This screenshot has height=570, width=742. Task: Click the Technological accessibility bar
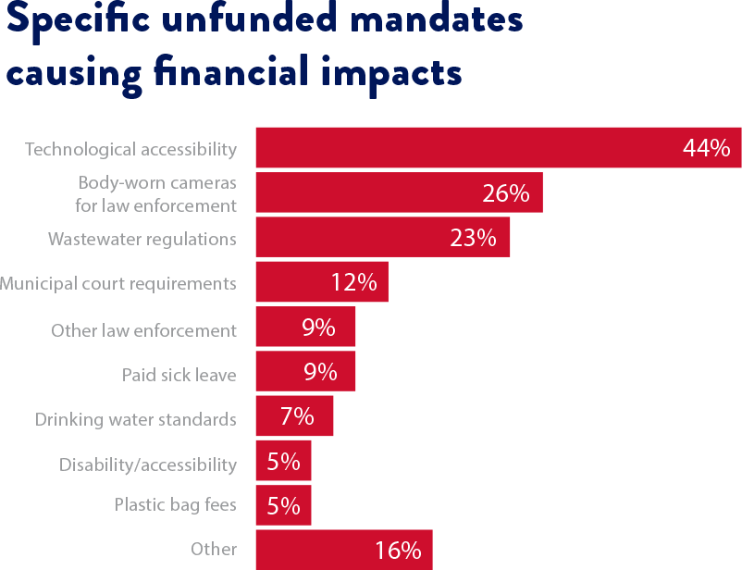tap(463, 148)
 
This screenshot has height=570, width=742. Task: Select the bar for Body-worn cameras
tap(370, 192)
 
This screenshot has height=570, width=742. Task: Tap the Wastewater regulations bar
tap(352, 238)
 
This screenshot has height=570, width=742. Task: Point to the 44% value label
tap(706, 148)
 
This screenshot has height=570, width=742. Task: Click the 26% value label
tap(505, 193)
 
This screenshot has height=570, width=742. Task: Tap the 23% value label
tap(473, 238)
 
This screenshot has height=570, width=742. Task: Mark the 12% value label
tap(353, 282)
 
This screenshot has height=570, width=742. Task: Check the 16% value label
tap(398, 551)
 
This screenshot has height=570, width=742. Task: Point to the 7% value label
tap(297, 417)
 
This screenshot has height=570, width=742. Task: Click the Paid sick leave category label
tap(179, 375)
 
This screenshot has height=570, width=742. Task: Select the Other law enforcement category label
tap(143, 330)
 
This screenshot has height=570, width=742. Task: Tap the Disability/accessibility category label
tap(147, 465)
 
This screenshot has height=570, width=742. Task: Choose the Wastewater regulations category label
tap(142, 239)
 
